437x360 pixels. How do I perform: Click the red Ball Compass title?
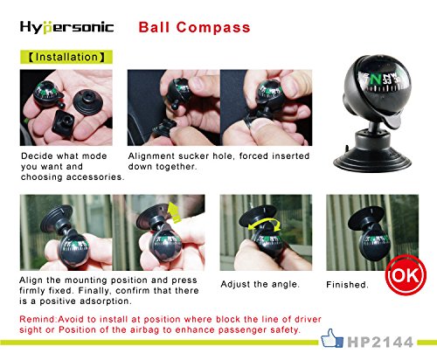[194, 27]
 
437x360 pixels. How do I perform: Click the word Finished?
[347, 286]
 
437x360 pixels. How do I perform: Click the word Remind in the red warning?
[40, 319]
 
